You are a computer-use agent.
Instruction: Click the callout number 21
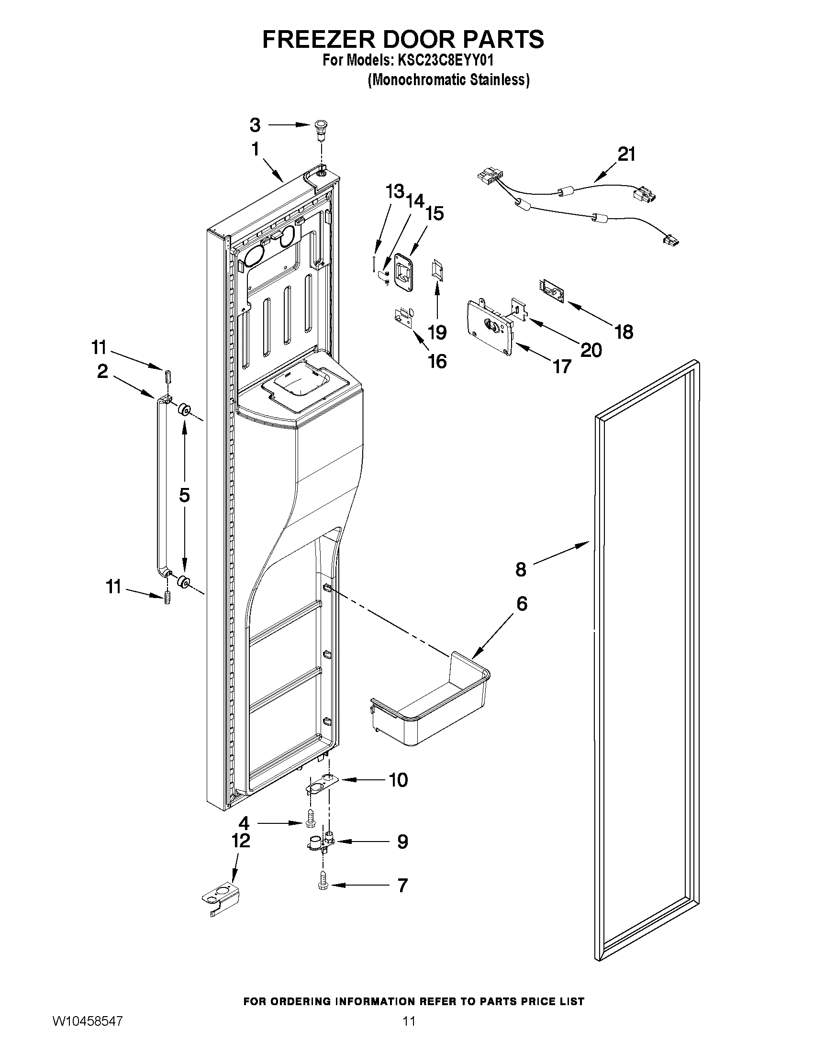[x=626, y=154]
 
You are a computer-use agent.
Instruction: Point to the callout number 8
[x=521, y=569]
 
